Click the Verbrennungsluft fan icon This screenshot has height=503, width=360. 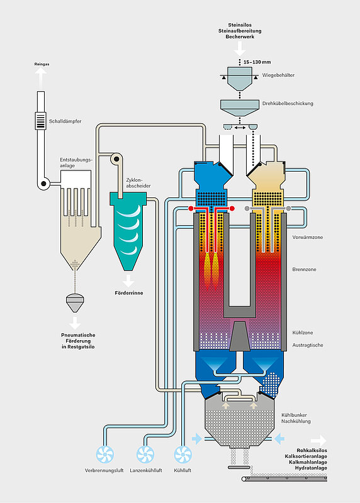point(105,455)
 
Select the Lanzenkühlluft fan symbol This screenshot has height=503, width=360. point(145,455)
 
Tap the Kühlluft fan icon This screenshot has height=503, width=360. point(183,455)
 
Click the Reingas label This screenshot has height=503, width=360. point(42,64)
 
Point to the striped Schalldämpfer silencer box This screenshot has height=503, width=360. point(40,121)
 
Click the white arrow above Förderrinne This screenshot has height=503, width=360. point(128,281)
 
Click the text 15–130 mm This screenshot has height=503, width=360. point(257,62)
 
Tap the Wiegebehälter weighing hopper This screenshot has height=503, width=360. point(239,78)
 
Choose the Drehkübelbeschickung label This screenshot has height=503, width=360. point(288,103)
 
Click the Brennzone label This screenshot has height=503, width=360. point(304,270)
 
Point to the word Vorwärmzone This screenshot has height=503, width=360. point(307,238)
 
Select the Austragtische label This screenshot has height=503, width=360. point(308,345)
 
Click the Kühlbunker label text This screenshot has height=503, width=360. point(294,415)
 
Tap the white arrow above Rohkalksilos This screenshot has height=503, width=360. point(318,441)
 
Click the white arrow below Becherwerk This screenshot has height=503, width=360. point(240,49)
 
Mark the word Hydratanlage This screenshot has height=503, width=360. point(311,468)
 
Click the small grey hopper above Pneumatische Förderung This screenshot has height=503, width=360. point(75,303)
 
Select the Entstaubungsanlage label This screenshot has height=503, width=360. point(76,163)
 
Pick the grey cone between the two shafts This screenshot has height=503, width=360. point(240,336)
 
